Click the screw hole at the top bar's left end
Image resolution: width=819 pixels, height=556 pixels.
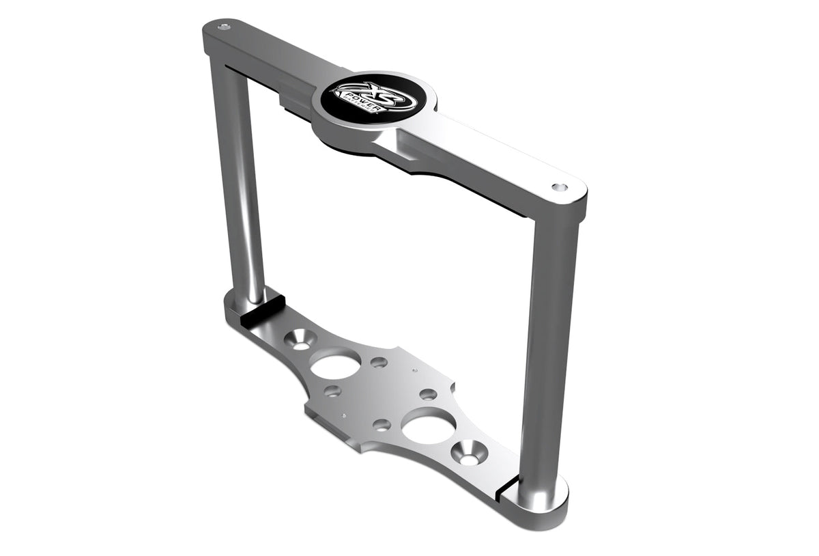pyautogui.click(x=223, y=27)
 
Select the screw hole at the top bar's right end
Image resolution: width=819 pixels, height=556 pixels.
pyautogui.click(x=559, y=187)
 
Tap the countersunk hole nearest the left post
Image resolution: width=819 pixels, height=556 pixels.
pyautogui.click(x=301, y=339)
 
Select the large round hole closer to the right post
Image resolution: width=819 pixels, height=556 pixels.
pyautogui.click(x=429, y=427)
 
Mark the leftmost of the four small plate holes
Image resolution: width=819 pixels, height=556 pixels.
pyautogui.click(x=332, y=391)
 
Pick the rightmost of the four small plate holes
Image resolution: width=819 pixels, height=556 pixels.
pyautogui.click(x=428, y=394)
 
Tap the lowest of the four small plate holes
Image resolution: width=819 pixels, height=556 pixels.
pyautogui.click(x=382, y=424)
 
